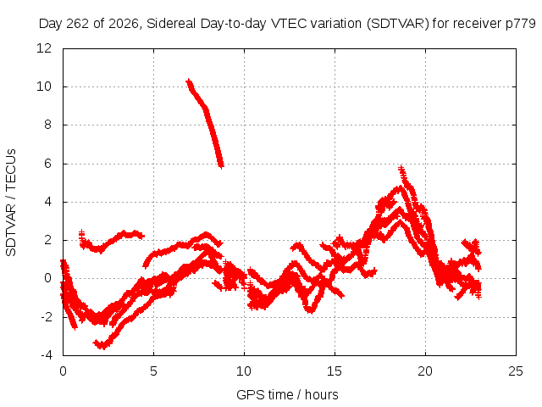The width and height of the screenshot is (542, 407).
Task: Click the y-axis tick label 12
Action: tap(44, 48)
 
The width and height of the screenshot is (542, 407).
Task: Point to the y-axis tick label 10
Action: tap(44, 86)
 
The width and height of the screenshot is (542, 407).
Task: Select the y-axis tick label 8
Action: tap(47, 125)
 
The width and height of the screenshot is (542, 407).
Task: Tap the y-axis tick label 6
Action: tap(47, 164)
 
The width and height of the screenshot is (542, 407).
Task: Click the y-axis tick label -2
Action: tap(47, 316)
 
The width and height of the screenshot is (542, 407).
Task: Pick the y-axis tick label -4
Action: tap(47, 355)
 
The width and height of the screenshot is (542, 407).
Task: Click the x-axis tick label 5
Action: tap(153, 371)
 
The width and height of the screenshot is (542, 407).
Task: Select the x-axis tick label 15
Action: tap(335, 371)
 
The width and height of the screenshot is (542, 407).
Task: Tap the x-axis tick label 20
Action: tap(425, 371)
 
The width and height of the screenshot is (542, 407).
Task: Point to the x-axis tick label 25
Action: tap(516, 371)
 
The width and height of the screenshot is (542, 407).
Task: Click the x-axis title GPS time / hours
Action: tap(287, 395)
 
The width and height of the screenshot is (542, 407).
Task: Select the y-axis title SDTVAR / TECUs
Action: tap(11, 203)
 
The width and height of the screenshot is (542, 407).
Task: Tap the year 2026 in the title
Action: tap(124, 24)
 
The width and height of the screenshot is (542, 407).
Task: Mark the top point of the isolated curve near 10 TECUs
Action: tap(188, 81)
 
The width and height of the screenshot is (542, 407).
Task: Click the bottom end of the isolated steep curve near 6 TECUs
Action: tap(221, 166)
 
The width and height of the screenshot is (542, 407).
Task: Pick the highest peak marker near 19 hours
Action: tap(401, 169)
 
